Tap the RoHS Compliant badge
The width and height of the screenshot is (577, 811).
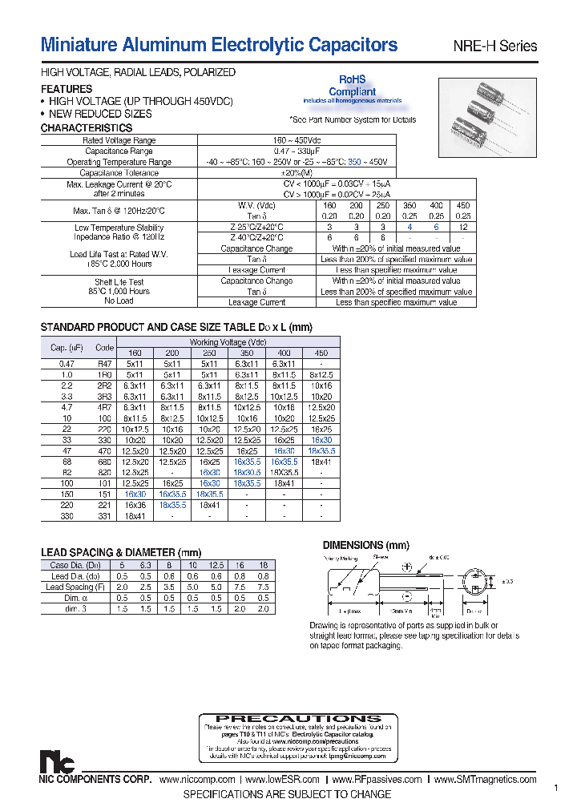352,87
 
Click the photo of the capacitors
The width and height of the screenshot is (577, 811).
488,118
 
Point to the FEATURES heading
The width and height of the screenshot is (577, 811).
67,89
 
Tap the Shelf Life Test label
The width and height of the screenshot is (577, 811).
119,282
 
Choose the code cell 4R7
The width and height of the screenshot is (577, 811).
104,407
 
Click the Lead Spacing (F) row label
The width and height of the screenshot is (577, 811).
77,587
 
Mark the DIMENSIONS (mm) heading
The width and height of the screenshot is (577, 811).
360,545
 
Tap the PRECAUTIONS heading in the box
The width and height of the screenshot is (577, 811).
299,719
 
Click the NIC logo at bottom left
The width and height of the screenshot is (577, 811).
54,761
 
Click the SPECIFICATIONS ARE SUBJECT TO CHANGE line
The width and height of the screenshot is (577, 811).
287,794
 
